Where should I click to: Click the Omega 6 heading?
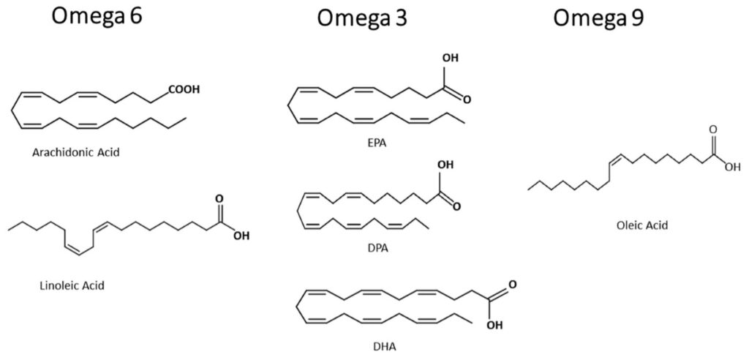pyautogui.click(x=95, y=17)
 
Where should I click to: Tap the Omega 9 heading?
pyautogui.click(x=599, y=18)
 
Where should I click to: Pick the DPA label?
pyautogui.click(x=378, y=247)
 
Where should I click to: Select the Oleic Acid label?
pyautogui.click(x=642, y=225)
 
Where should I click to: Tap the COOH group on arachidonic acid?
pyautogui.click(x=184, y=90)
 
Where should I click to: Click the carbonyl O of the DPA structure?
pyautogui.click(x=456, y=206)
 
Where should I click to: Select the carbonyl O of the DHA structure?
pyautogui.click(x=511, y=283)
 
